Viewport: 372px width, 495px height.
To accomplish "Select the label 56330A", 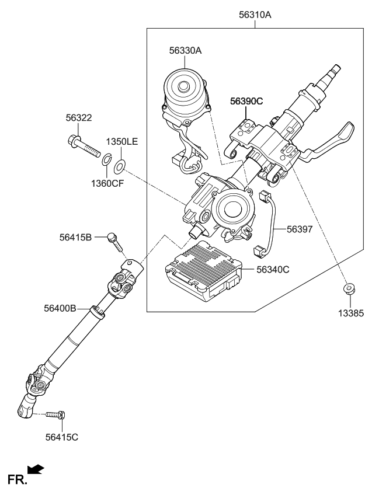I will coord(185,51).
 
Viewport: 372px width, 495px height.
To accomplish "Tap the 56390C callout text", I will coord(246,101).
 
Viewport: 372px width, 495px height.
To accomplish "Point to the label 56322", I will coord(78,118).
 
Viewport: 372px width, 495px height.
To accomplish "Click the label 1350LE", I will coord(121,142).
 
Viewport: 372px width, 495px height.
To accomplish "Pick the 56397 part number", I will coord(300,229).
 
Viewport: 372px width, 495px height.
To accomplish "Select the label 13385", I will coord(350,313).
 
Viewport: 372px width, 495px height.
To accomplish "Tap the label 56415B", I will coord(75,237).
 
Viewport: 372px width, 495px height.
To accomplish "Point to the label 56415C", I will coord(61,435).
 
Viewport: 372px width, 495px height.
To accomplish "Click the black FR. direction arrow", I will coord(36,469).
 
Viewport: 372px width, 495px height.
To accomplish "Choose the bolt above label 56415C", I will coord(56,415).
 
